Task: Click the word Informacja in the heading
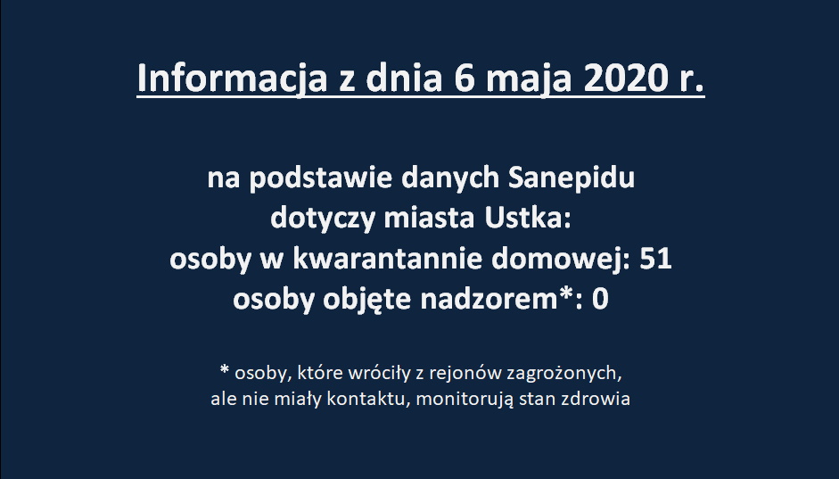pyautogui.click(x=232, y=78)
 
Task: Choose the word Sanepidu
pyautogui.click(x=571, y=178)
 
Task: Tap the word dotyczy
pyautogui.click(x=323, y=219)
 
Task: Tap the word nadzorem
pyautogui.click(x=489, y=299)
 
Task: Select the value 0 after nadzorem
pyautogui.click(x=600, y=299)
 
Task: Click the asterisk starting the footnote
pyautogui.click(x=225, y=369)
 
